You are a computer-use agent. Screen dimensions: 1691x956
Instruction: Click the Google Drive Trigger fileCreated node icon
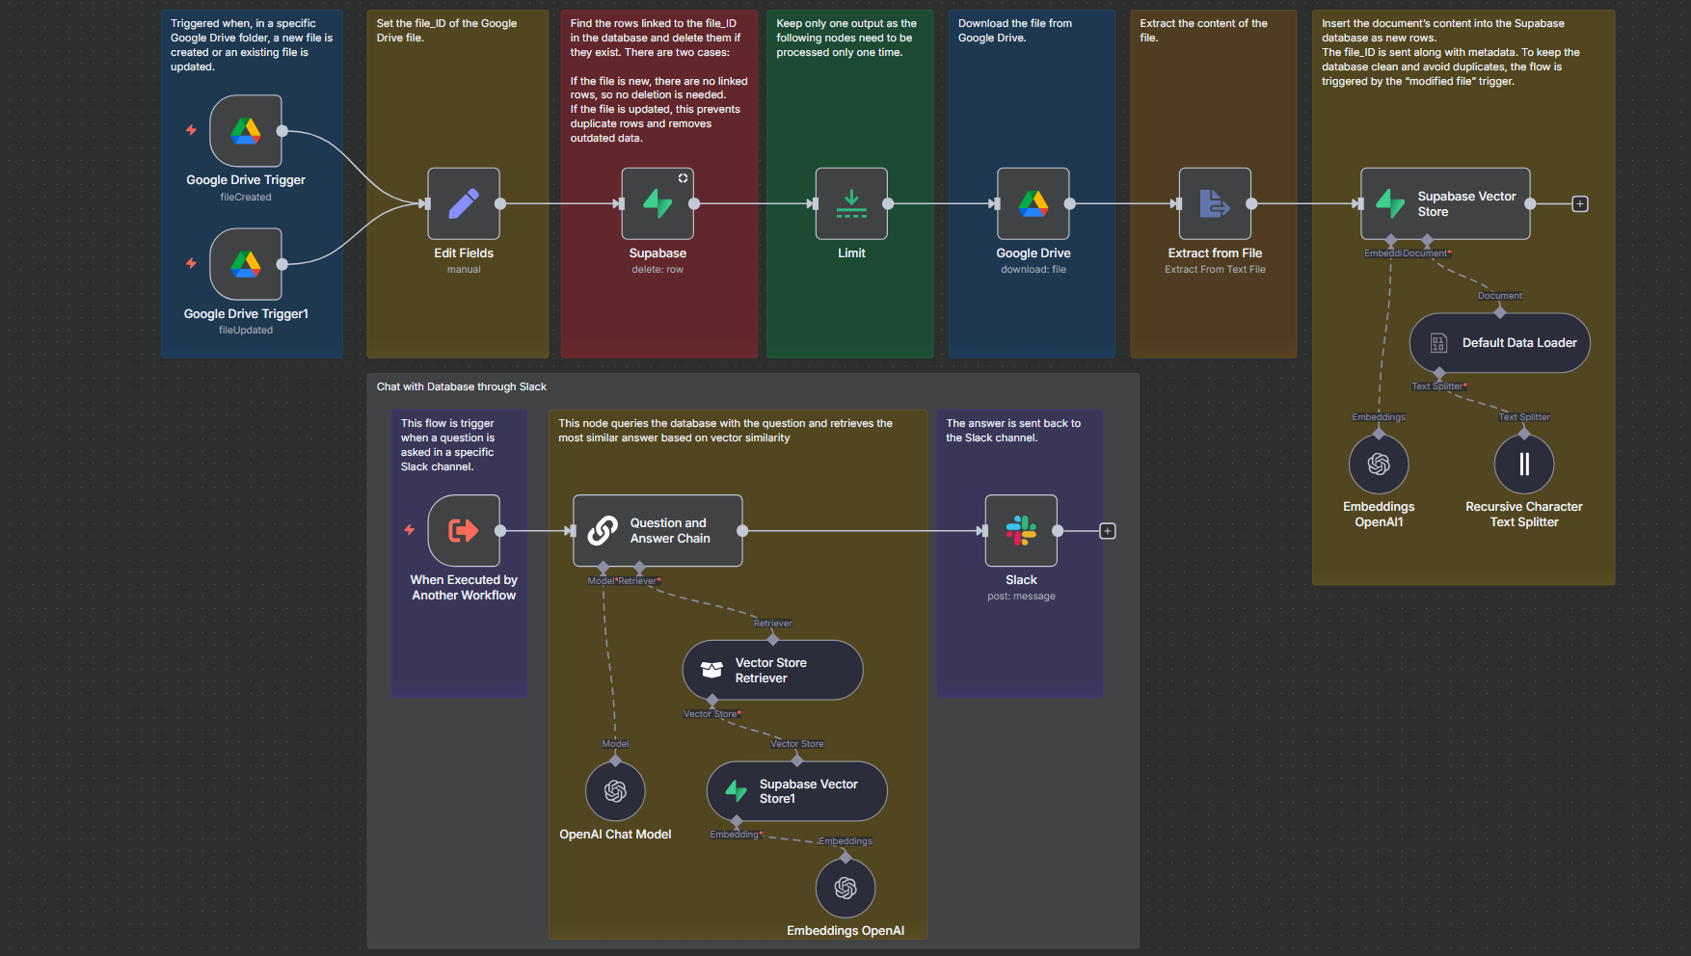246,130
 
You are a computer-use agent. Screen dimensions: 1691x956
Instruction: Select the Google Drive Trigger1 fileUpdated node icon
246,264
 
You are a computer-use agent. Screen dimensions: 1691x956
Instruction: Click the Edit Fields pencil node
464,203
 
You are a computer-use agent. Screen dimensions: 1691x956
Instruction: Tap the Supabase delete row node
658,203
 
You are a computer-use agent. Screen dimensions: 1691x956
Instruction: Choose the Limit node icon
851,203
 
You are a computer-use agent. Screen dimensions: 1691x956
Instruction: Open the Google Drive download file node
1033,203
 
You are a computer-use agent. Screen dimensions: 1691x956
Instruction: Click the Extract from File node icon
1215,203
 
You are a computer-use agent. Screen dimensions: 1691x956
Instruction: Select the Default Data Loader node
1500,343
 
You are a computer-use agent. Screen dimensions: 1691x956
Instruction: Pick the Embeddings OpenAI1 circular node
1379,465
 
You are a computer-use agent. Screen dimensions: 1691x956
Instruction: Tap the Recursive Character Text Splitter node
1524,465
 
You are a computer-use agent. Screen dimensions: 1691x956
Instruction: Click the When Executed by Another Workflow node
464,530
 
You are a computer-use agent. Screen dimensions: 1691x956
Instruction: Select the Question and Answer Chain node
658,530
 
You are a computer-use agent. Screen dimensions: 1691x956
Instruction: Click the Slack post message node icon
1021,530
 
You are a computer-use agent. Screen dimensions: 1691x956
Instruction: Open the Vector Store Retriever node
772,670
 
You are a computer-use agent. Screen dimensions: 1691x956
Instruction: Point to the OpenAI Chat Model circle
615,791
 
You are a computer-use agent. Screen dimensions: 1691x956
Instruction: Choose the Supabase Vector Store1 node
796,791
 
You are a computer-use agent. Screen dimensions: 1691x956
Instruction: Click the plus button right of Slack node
1108,531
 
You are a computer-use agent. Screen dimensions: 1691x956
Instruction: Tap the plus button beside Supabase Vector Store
1580,204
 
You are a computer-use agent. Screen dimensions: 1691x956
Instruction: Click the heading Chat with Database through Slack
462,386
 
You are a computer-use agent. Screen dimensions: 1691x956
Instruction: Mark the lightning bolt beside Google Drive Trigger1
191,263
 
